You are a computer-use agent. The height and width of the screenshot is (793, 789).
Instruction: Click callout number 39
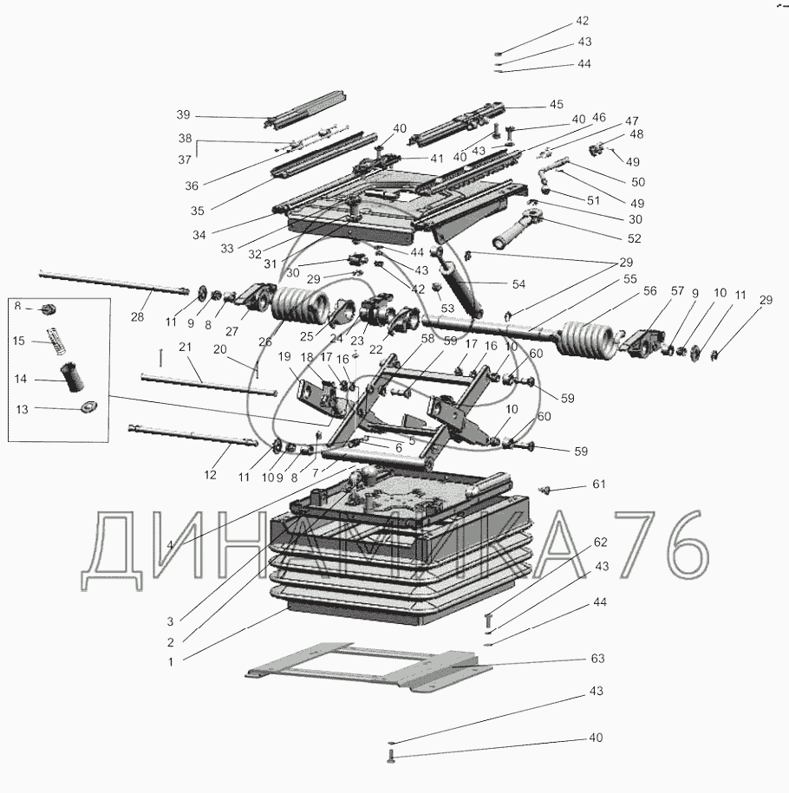click(x=182, y=114)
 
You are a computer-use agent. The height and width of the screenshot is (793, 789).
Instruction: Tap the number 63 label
click(x=597, y=659)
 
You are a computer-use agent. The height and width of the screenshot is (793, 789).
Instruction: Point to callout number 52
click(x=634, y=238)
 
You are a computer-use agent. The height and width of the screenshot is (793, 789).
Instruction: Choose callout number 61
click(x=597, y=484)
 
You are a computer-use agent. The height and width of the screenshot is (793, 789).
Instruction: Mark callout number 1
click(x=171, y=661)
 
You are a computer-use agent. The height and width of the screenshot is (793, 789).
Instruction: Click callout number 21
click(x=184, y=348)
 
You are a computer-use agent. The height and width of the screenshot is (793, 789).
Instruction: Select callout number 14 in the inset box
click(x=20, y=379)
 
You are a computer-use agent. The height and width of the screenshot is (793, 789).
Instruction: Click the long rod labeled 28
click(x=113, y=284)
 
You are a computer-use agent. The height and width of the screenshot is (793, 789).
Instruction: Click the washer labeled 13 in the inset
click(x=88, y=409)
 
